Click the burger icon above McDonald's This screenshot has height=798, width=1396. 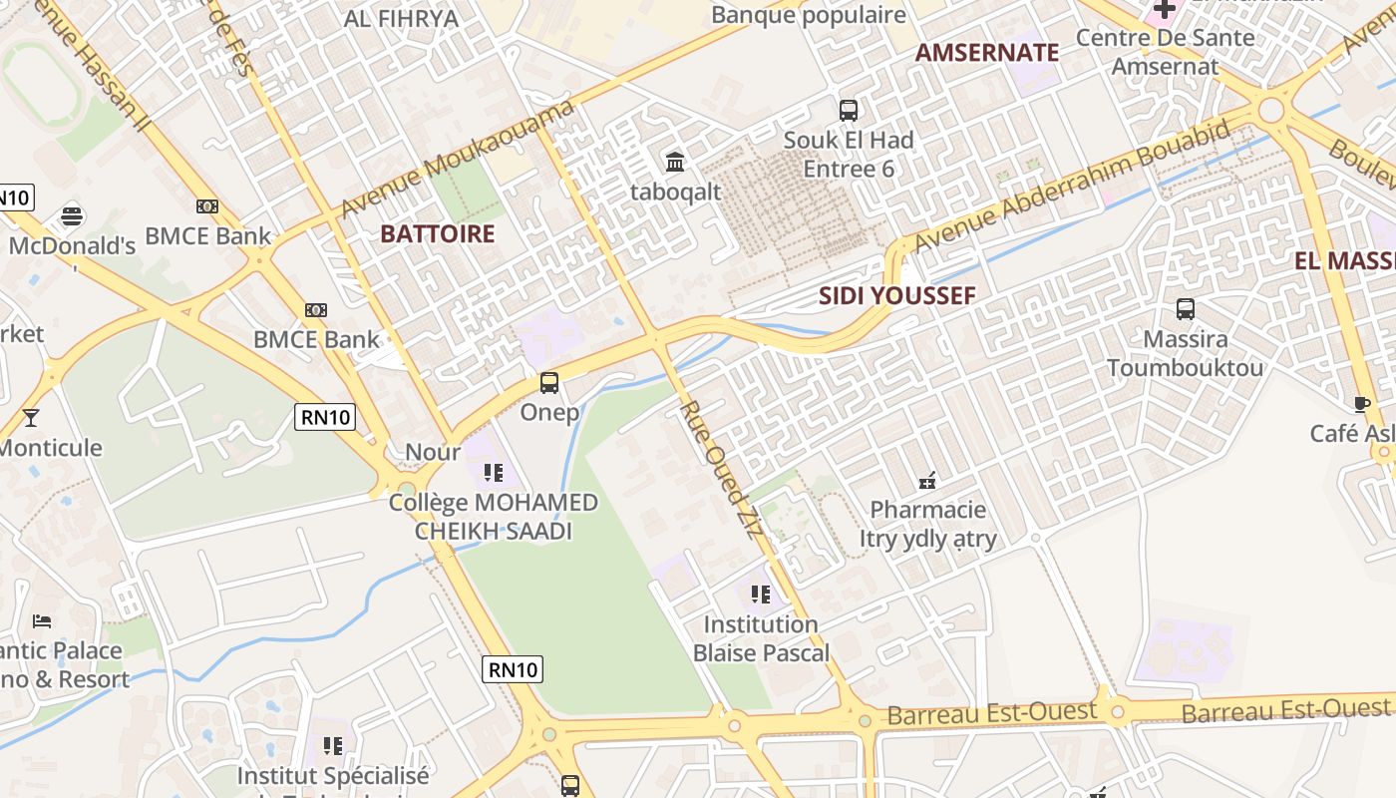point(71,214)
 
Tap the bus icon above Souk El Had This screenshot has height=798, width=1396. point(848,111)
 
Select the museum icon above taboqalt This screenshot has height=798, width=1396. point(675,162)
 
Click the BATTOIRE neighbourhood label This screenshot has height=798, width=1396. point(438,234)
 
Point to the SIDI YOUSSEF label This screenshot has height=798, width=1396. point(896,295)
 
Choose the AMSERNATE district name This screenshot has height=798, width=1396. point(986,53)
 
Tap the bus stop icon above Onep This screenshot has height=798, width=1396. point(548,382)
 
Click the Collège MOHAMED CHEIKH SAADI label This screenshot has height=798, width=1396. point(494,517)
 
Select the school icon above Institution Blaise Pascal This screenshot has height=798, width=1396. point(761,596)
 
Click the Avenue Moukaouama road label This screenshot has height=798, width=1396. point(459,159)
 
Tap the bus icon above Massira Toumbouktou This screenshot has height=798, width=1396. point(1185,309)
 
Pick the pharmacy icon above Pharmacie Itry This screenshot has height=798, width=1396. point(927,482)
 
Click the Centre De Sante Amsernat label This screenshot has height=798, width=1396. point(1165,52)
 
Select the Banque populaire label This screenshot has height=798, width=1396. point(808,15)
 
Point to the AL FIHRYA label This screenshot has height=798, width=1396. point(401,18)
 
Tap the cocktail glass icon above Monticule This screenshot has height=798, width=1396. point(31,417)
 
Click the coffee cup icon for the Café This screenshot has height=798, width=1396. point(1361,404)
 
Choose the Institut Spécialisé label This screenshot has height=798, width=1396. point(332,775)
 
